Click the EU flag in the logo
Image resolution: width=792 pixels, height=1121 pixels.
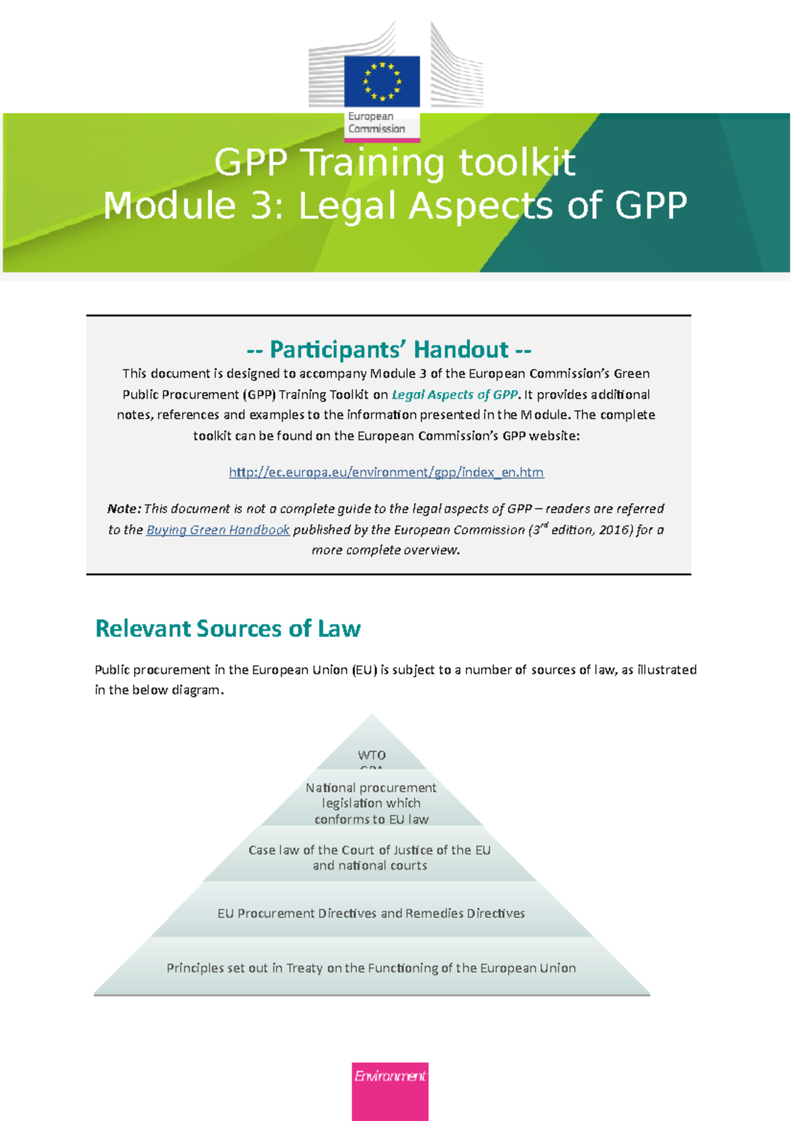pyautogui.click(x=381, y=81)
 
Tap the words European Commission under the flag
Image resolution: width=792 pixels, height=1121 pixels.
pyautogui.click(x=376, y=123)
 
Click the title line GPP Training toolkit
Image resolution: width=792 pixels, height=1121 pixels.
pyautogui.click(x=395, y=162)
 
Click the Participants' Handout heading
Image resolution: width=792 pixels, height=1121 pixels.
pyautogui.click(x=389, y=349)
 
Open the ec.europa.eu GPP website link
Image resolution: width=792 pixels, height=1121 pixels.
pyautogui.click(x=386, y=472)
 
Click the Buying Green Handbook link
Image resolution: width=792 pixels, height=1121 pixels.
pyautogui.click(x=218, y=529)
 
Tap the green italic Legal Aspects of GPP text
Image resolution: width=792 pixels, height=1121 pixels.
pyautogui.click(x=454, y=395)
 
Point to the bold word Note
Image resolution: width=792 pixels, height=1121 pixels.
pyautogui.click(x=123, y=509)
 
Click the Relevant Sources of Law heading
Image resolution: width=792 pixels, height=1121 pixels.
pyautogui.click(x=228, y=628)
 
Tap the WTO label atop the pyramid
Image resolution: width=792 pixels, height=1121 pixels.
pyautogui.click(x=372, y=755)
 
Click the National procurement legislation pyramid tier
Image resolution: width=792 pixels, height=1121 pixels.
pyautogui.click(x=371, y=803)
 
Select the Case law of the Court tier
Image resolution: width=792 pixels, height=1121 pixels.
pyautogui.click(x=370, y=857)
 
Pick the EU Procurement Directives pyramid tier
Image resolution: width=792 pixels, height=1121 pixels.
pyautogui.click(x=371, y=913)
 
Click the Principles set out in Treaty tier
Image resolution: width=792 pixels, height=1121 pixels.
pyautogui.click(x=371, y=968)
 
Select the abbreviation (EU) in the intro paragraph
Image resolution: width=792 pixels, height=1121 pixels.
pyautogui.click(x=364, y=669)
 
